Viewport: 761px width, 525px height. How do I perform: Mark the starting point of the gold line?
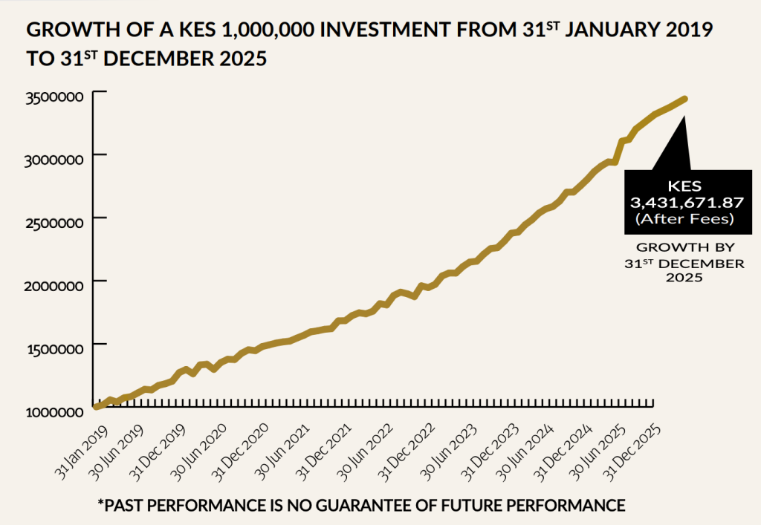point(96,406)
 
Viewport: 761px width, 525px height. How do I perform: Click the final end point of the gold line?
point(684,99)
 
